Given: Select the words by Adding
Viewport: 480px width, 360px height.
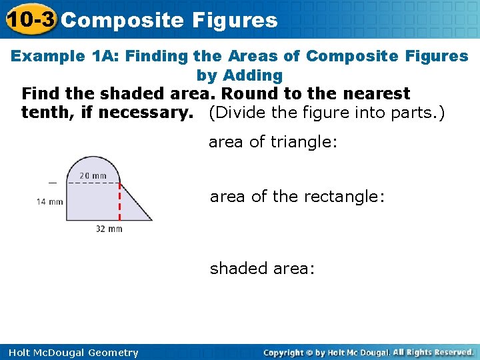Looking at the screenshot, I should (239, 75).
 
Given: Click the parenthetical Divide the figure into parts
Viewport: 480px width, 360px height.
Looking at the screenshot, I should (327, 113).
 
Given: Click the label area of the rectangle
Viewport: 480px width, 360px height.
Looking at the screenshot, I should (297, 197).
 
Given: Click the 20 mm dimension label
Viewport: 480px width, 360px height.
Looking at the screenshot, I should (93, 176).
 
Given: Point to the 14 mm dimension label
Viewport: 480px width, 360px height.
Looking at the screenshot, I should (50, 201).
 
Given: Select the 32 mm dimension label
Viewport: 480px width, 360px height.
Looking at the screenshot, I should (109, 229).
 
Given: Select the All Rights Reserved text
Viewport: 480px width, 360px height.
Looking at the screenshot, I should (433, 352).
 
